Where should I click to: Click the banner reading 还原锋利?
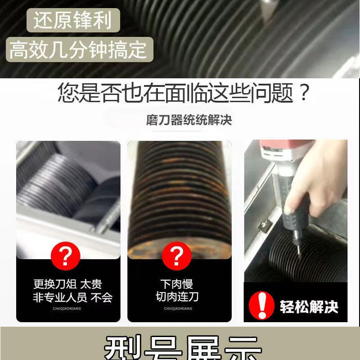click(x=72, y=21)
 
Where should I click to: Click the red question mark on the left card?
click(x=66, y=256)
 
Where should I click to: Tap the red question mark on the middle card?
click(x=176, y=256)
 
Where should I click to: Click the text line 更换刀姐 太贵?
click(x=67, y=284)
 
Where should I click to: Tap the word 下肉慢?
click(x=176, y=284)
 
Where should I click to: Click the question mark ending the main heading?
click(x=304, y=94)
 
